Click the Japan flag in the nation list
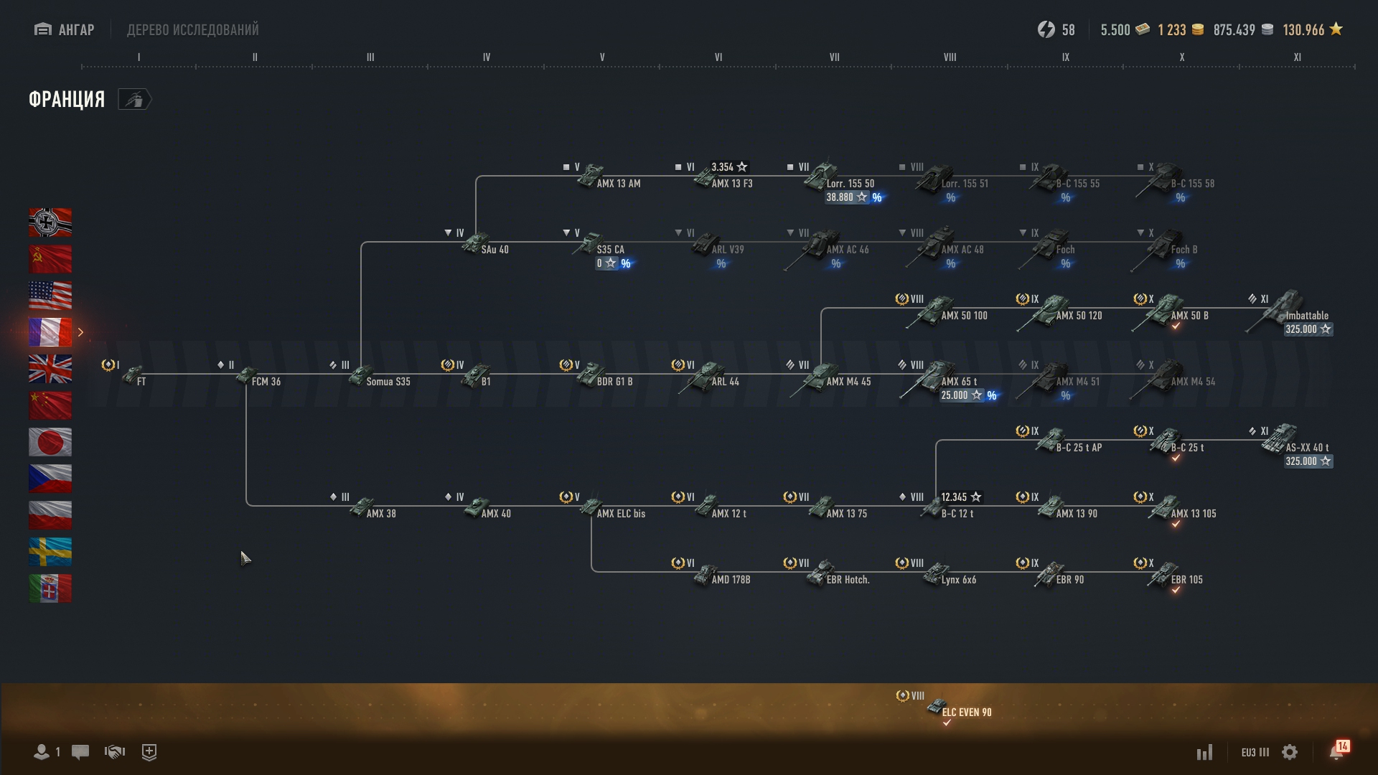(50, 442)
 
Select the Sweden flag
(50, 552)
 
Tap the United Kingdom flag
(50, 369)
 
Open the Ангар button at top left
(65, 29)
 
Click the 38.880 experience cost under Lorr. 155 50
(848, 197)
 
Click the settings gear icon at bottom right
(1290, 752)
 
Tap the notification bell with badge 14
(1336, 751)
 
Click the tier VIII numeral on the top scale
(950, 57)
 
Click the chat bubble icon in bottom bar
(80, 752)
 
